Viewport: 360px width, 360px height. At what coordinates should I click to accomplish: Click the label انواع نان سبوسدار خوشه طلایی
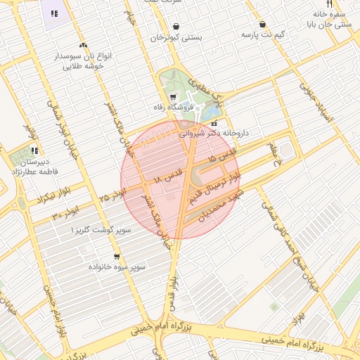(79, 60)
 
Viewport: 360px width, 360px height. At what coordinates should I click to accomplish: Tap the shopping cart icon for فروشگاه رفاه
(173, 97)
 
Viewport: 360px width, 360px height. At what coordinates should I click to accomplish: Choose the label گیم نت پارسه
(262, 34)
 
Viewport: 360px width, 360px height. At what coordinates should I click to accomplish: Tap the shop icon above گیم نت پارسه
(262, 24)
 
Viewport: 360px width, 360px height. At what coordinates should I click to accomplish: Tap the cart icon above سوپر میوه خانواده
(116, 257)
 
